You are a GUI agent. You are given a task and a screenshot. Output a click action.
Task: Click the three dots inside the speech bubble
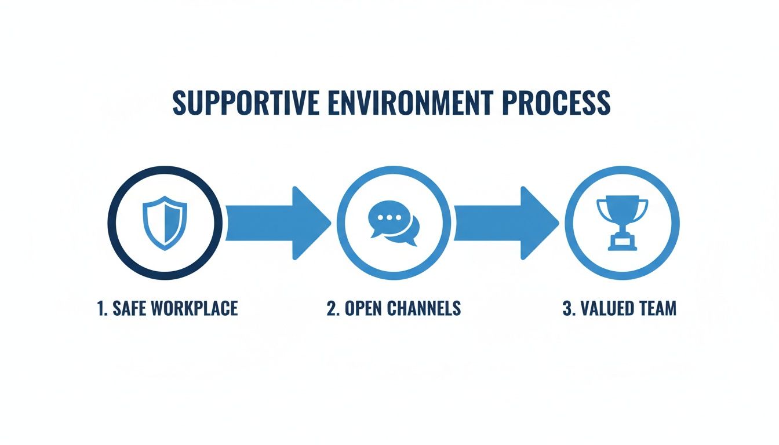(x=389, y=218)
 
